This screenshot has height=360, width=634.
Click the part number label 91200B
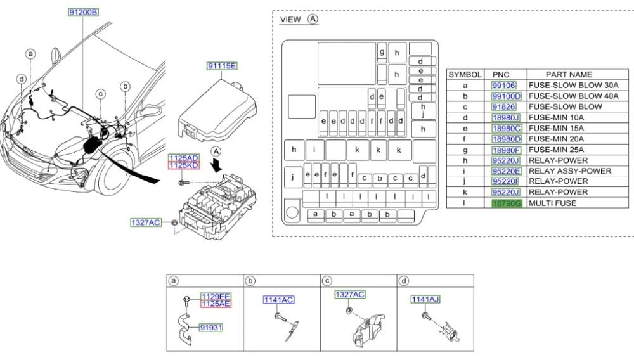[83, 12]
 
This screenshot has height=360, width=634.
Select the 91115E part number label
[221, 66]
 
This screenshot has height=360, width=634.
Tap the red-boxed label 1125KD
[184, 165]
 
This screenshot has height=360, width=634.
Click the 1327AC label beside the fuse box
[146, 222]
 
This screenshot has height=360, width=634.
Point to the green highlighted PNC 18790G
[507, 203]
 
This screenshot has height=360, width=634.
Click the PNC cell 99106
[504, 86]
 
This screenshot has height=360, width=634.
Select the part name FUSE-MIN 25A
[556, 150]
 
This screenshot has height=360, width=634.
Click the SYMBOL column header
[465, 74]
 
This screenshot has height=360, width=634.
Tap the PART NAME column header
[569, 74]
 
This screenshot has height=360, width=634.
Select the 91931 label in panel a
[210, 327]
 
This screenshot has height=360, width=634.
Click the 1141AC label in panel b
[278, 300]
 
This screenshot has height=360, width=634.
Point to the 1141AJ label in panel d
[425, 299]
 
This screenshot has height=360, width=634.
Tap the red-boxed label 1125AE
[216, 304]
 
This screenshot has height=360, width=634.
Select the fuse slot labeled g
[382, 53]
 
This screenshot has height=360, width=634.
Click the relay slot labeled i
[314, 150]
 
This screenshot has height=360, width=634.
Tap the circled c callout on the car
[100, 94]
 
